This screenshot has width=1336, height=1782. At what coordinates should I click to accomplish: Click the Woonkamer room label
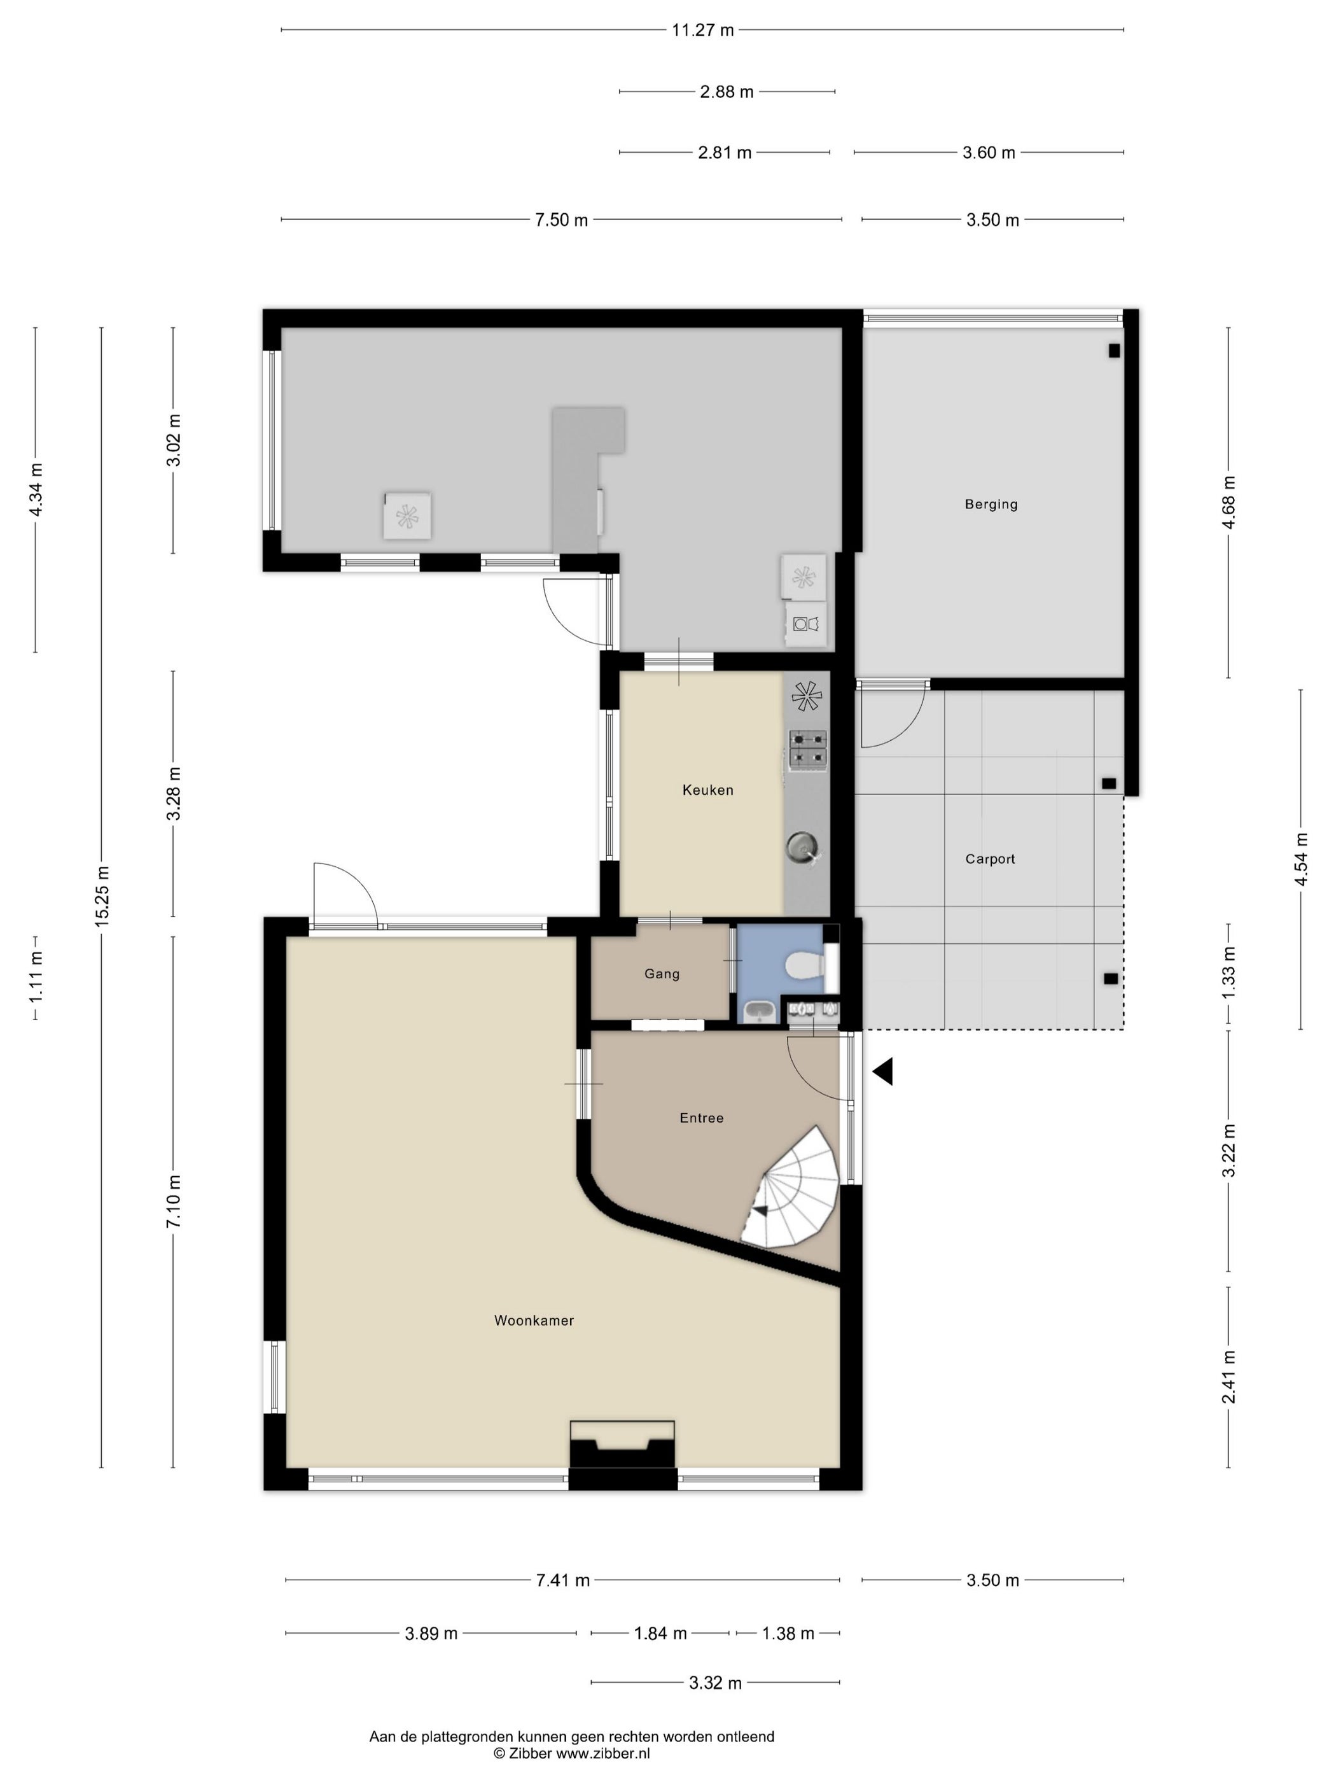[534, 1321]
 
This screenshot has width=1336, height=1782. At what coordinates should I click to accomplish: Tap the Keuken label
[708, 790]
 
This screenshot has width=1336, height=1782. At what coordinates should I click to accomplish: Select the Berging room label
[991, 504]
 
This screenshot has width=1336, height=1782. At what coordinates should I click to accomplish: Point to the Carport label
[990, 859]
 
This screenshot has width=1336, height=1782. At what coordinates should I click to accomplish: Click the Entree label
[702, 1118]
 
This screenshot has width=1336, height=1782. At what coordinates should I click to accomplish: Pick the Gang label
[662, 974]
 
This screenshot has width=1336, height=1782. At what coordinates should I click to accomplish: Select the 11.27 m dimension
[702, 31]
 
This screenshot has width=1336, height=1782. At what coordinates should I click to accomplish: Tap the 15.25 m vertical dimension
[101, 896]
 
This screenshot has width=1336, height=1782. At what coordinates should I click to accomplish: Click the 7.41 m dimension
[562, 1581]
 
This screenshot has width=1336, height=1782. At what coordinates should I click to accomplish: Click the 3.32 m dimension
[715, 1683]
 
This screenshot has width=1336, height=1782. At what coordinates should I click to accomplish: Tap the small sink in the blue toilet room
[758, 1011]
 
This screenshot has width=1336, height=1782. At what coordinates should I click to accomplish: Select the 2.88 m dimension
[727, 92]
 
